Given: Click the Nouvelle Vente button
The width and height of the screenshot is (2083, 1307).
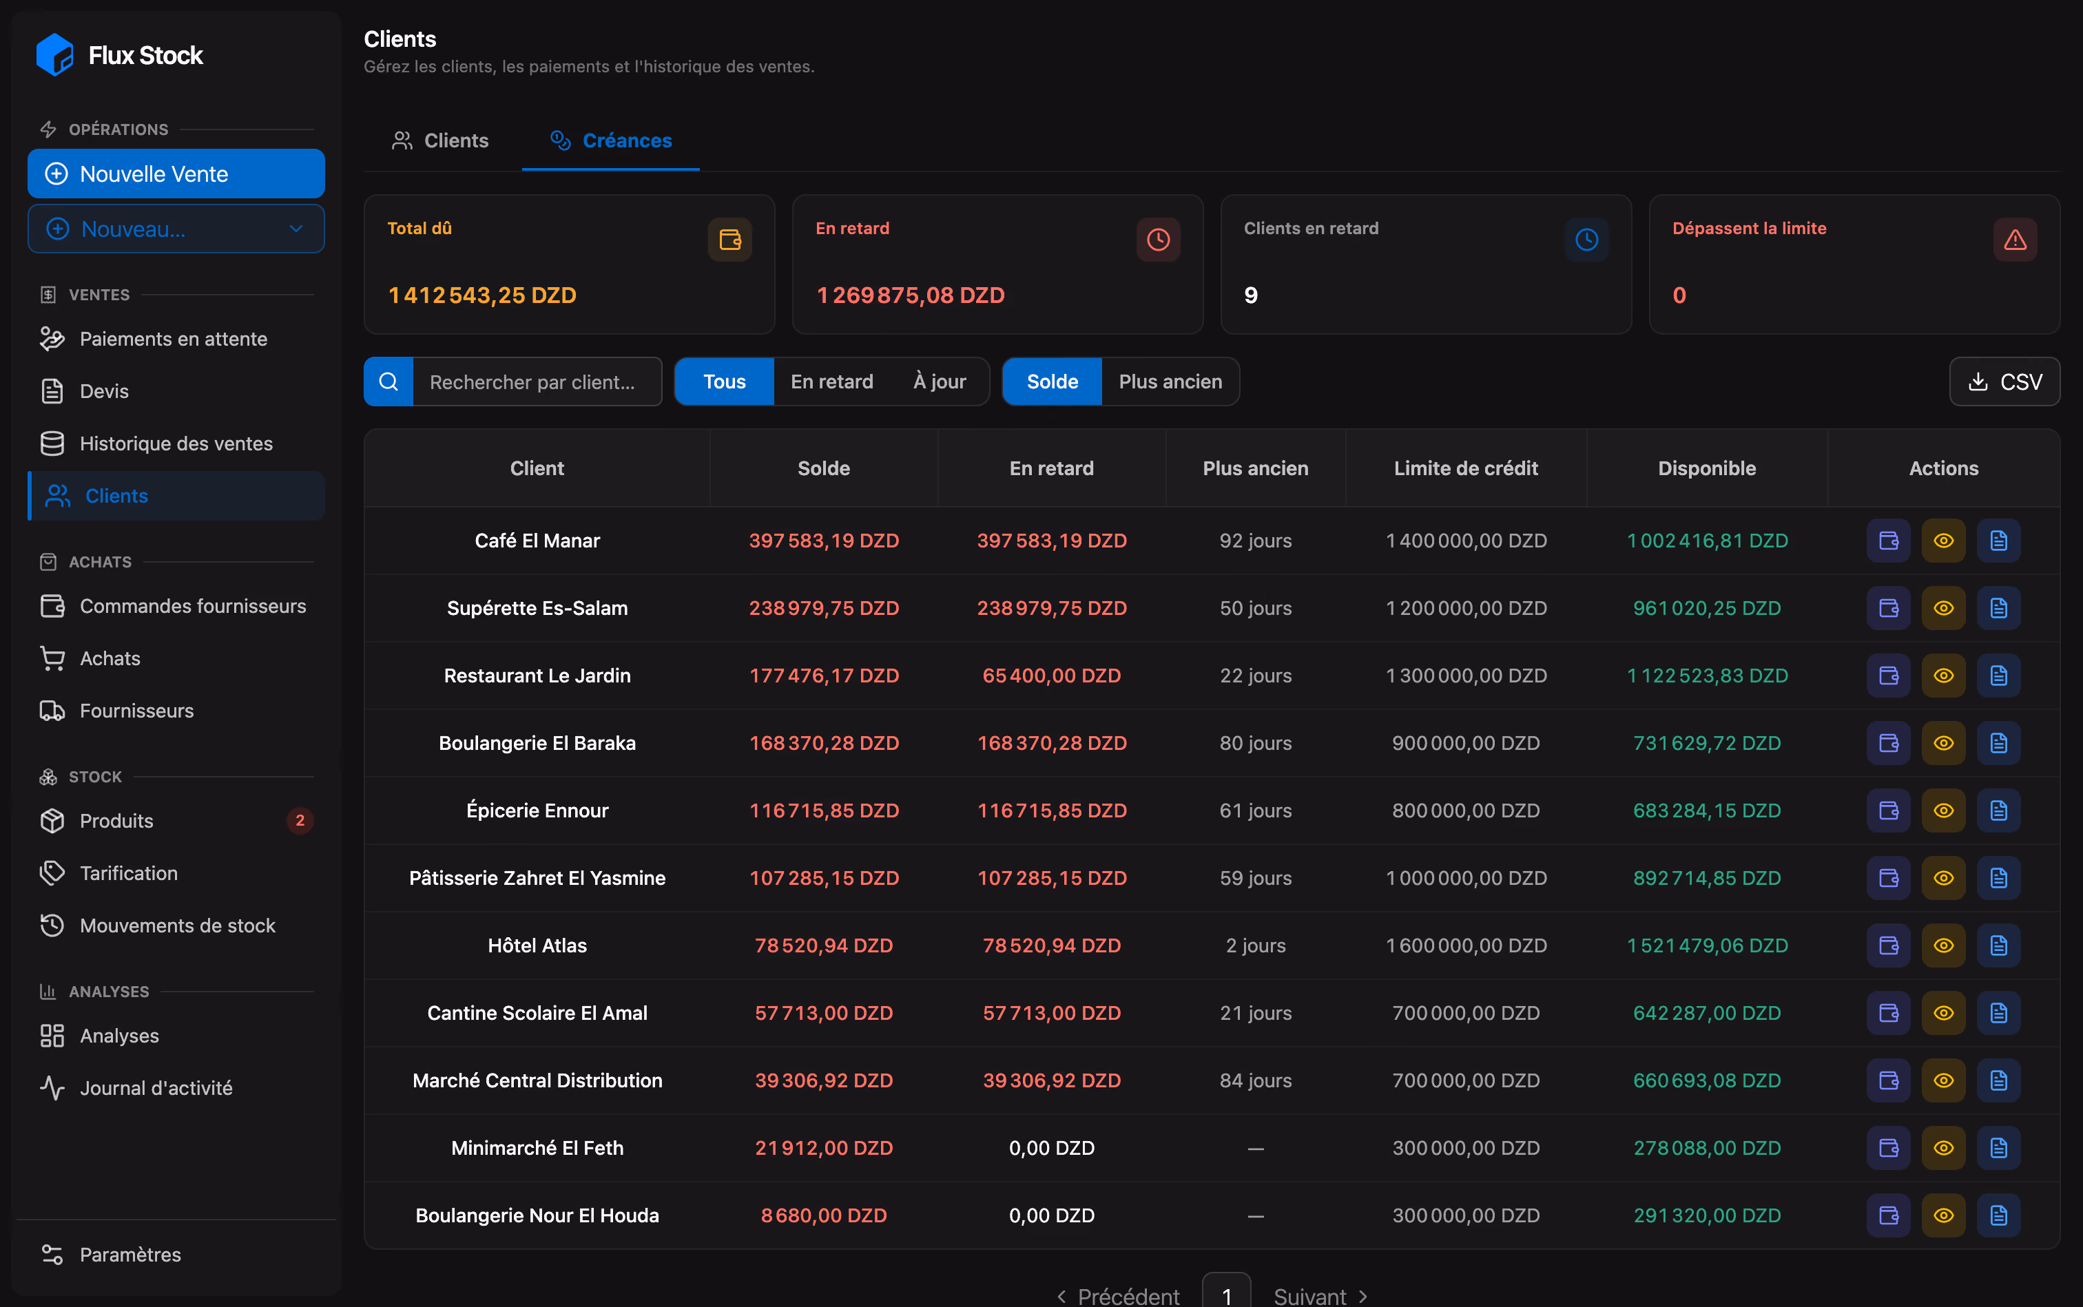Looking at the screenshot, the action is point(176,174).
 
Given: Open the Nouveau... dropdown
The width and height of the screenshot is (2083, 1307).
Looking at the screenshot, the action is point(176,229).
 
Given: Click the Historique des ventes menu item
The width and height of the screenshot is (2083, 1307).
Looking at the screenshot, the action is point(176,443).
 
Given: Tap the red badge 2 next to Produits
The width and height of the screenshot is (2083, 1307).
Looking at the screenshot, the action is point(300,820).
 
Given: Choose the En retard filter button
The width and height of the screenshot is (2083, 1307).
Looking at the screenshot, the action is point(832,382).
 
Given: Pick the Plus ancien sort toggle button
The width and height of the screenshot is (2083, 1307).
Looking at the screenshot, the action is point(1170,382).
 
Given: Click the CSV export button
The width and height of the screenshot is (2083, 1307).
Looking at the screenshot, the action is point(2004,382).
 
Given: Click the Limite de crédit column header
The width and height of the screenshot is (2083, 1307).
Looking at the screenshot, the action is point(1466,468).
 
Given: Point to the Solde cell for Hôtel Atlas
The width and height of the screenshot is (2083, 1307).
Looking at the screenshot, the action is point(824,945).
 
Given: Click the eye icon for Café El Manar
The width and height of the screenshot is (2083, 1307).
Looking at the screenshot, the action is point(1944,541).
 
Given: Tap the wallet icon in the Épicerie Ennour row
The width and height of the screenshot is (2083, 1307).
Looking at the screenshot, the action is point(1889,811).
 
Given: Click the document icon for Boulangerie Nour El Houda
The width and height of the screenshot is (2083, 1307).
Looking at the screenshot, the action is point(1998,1215).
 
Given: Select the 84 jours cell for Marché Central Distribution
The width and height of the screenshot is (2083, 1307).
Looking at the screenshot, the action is point(1256,1080).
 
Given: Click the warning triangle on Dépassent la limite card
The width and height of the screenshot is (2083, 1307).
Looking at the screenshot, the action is point(2015,240).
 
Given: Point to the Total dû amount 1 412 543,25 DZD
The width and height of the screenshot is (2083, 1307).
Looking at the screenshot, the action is point(481,295).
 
